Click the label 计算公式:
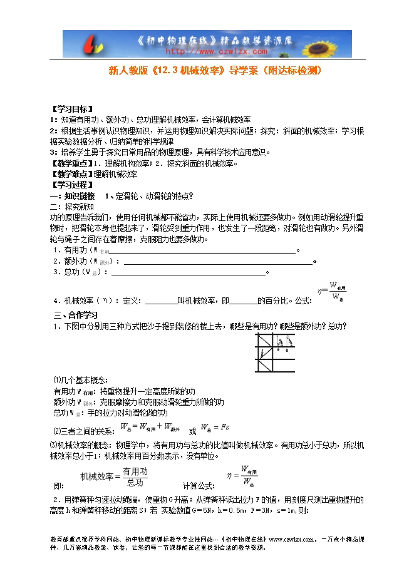[199, 486]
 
